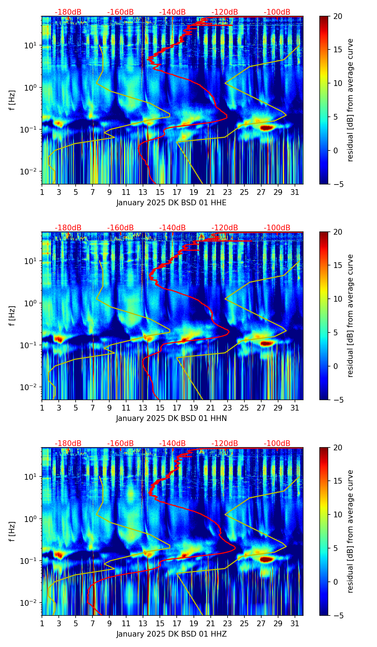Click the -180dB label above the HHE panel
(68, 12)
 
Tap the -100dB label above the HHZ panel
(277, 444)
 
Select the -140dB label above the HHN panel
(172, 228)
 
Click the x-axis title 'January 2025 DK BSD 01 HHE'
(171, 203)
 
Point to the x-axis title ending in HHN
(171, 418)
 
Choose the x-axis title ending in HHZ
(171, 634)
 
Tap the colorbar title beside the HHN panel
(350, 316)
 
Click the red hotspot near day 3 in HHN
(58, 339)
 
